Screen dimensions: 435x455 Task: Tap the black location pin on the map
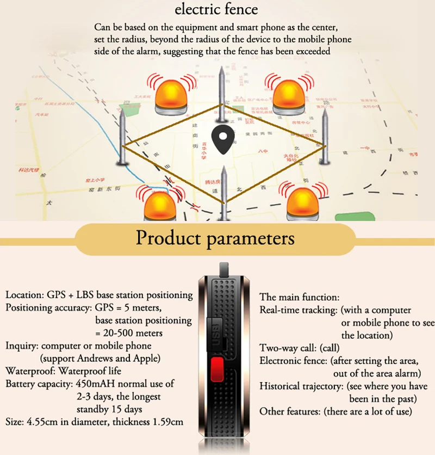point(220,139)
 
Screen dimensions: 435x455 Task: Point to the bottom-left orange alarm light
point(159,205)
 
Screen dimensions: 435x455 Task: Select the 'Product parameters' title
point(215,238)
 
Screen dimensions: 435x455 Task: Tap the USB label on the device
point(214,330)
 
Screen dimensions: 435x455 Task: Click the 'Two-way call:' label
point(285,348)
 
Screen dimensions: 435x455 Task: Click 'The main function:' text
point(300,297)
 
